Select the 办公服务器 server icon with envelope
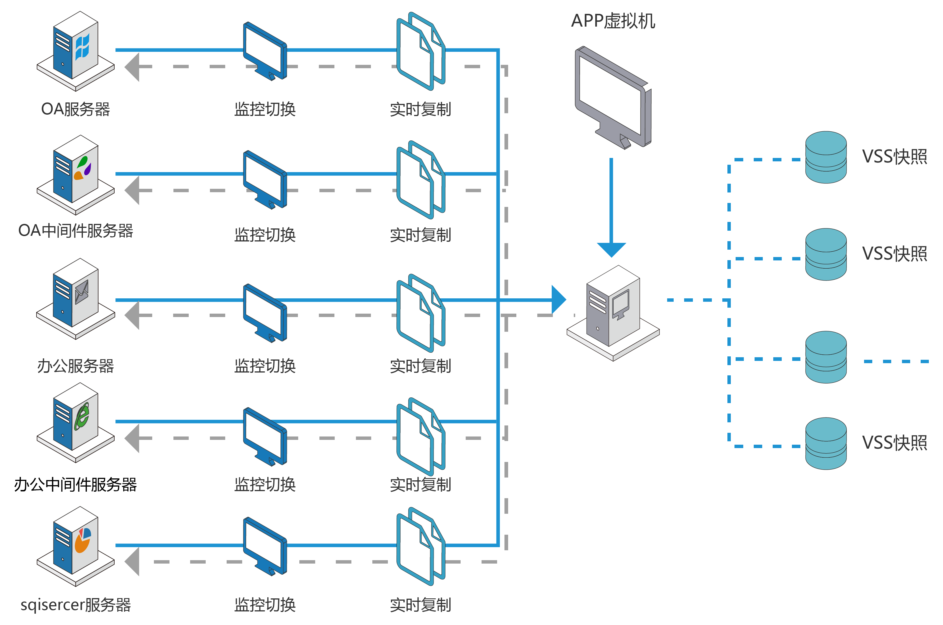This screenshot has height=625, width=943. click(76, 299)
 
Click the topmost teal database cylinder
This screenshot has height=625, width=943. click(826, 157)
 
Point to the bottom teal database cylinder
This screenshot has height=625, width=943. click(826, 443)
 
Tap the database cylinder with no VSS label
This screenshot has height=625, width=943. click(826, 357)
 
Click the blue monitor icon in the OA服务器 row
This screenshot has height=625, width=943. click(265, 51)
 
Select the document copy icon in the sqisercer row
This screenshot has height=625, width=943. click(420, 546)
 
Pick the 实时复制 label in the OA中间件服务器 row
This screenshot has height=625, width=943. click(420, 235)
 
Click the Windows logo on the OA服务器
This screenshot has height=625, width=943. click(82, 47)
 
